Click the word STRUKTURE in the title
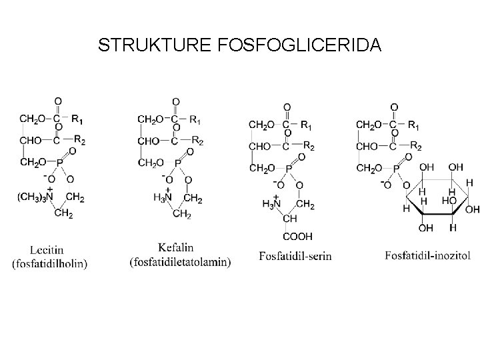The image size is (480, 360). click(155, 45)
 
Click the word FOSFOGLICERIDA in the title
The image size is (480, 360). click(299, 45)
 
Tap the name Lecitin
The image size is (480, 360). click(49, 250)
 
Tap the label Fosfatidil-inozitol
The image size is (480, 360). click(427, 255)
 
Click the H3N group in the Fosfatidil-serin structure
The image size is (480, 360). click(271, 203)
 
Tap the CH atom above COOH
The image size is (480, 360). click(289, 219)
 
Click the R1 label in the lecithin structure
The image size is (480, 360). click(78, 120)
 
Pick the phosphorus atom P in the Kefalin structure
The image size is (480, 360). click(177, 162)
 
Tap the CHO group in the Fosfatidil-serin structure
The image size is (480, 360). click(259, 146)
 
